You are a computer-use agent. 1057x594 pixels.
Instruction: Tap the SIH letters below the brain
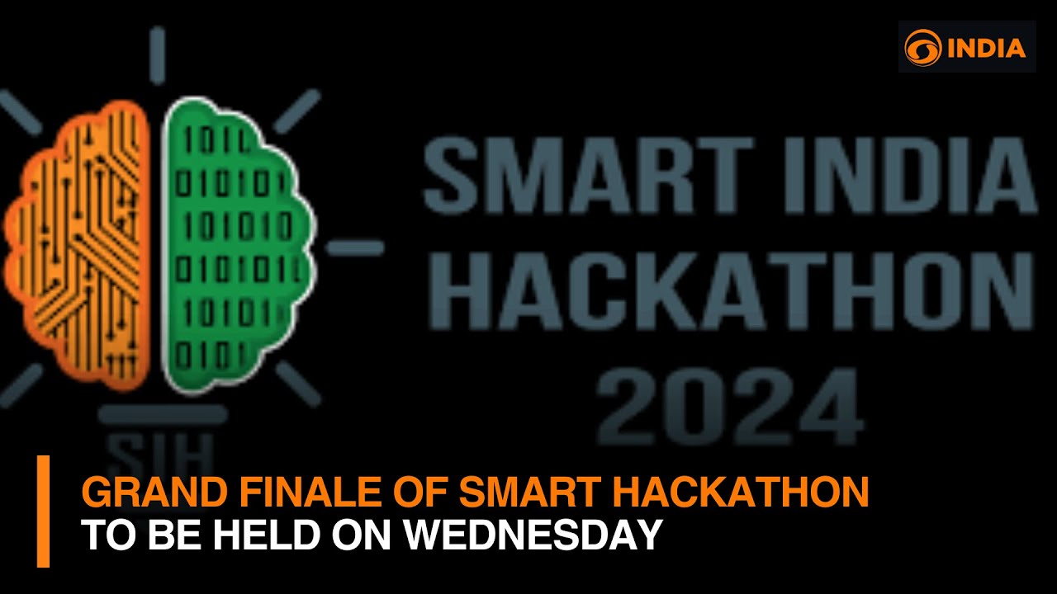[x=162, y=450]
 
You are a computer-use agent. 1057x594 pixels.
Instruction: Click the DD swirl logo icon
[x=922, y=47]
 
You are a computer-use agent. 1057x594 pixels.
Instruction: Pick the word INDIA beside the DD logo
[x=986, y=48]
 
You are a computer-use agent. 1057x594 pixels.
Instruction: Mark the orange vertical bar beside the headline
[x=43, y=511]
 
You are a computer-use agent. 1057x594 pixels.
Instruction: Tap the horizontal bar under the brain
[x=162, y=414]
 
